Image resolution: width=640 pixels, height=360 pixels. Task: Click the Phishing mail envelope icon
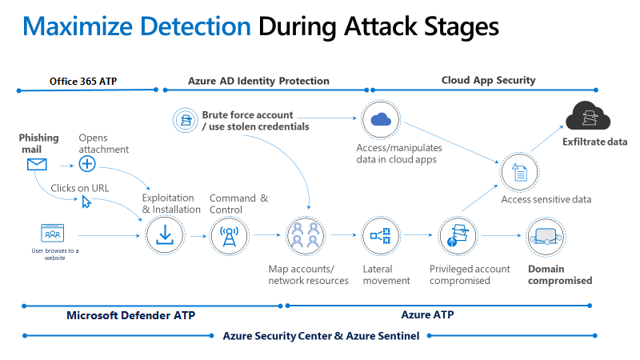(x=36, y=165)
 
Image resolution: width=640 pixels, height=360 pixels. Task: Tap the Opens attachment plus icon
(x=87, y=164)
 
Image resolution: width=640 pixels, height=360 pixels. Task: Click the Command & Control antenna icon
(x=230, y=235)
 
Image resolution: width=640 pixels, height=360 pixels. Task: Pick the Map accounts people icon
(x=306, y=235)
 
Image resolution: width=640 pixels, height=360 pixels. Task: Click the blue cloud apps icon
(x=381, y=119)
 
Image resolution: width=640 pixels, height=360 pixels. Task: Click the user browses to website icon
(x=53, y=234)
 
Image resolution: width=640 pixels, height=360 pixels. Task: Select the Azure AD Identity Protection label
(x=258, y=81)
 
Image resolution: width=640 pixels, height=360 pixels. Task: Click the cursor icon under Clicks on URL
(x=86, y=202)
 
